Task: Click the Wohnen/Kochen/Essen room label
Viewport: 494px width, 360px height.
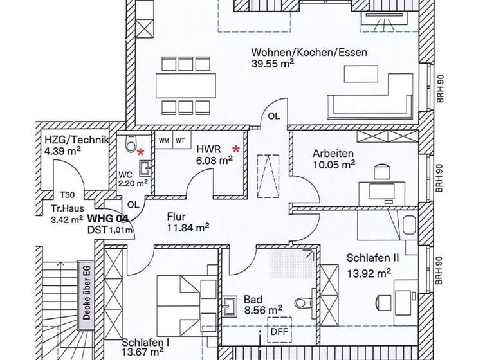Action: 309,52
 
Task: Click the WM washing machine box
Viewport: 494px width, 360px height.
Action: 163,139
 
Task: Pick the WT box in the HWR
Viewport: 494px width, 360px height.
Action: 181,139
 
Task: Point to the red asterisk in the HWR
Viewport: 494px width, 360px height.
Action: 237,149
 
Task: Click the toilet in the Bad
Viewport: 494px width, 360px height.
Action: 302,303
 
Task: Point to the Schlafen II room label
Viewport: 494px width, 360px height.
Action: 373,257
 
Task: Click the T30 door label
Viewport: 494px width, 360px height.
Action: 66,194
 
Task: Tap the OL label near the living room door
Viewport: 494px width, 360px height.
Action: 274,116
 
